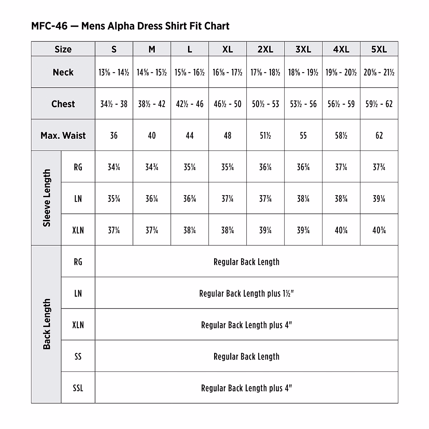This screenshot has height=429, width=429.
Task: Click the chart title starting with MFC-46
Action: click(x=130, y=26)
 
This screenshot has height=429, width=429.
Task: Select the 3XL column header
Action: click(x=303, y=49)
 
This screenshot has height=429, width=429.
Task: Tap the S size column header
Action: click(x=114, y=49)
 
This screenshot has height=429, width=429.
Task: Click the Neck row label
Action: click(x=63, y=72)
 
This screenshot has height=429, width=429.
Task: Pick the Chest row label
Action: click(x=63, y=104)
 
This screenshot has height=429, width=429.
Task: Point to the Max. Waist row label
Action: click(x=63, y=135)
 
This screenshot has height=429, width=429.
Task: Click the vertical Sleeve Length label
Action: click(x=47, y=198)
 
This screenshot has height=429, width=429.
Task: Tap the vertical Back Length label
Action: click(x=47, y=324)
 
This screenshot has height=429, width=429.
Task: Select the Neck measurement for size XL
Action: click(x=227, y=73)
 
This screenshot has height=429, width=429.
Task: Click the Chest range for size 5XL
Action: click(x=379, y=104)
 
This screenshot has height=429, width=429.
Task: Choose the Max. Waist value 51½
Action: click(x=265, y=135)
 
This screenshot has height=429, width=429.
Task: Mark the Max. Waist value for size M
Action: click(x=152, y=135)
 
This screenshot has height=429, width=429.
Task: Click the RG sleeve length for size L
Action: click(x=189, y=167)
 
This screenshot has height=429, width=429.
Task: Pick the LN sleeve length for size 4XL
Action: click(x=341, y=199)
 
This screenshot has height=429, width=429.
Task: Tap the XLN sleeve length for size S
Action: click(x=114, y=230)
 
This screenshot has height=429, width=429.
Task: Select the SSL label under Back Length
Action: click(x=78, y=388)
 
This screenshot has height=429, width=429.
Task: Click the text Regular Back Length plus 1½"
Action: click(x=246, y=294)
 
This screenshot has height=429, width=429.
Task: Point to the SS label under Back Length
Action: click(x=78, y=356)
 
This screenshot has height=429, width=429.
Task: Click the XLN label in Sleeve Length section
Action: click(x=78, y=230)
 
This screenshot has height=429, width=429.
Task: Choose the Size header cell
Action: click(x=63, y=49)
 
